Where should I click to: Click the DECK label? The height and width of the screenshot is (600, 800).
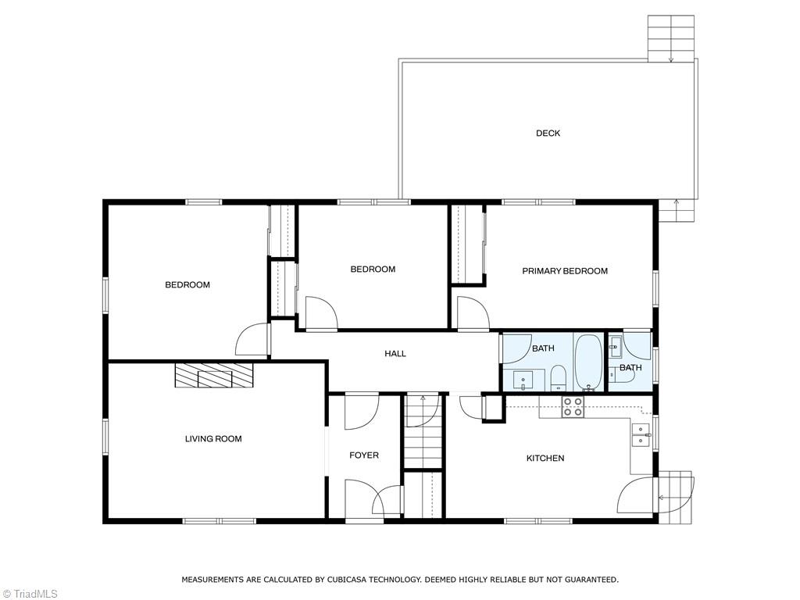pyautogui.click(x=548, y=133)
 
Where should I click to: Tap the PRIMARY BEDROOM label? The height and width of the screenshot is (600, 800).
pyautogui.click(x=565, y=271)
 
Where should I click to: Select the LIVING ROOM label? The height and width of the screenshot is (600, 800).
pyautogui.click(x=213, y=439)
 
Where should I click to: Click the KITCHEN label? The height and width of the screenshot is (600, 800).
pyautogui.click(x=545, y=458)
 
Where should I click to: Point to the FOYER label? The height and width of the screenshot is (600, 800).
pyautogui.click(x=364, y=455)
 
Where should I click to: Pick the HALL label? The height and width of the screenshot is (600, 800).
pyautogui.click(x=395, y=354)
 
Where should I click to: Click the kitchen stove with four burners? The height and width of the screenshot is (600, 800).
pyautogui.click(x=573, y=406)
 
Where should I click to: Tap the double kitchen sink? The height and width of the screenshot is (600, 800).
pyautogui.click(x=641, y=435)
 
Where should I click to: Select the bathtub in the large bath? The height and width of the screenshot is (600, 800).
pyautogui.click(x=589, y=362)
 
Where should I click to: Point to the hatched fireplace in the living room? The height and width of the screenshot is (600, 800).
pyautogui.click(x=214, y=375)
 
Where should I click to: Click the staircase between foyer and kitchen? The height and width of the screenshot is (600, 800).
pyautogui.click(x=423, y=430)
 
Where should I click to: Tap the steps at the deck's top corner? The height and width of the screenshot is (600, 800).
pyautogui.click(x=671, y=38)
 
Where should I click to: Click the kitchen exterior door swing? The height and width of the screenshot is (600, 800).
pyautogui.click(x=635, y=495)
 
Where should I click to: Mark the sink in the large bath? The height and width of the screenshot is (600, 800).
pyautogui.click(x=523, y=380)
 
